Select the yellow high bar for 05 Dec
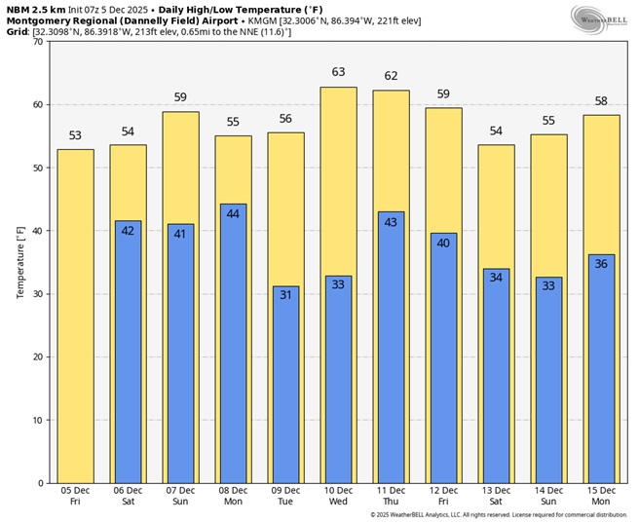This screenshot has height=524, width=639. (76, 316)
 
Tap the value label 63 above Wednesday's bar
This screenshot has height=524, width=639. (339, 72)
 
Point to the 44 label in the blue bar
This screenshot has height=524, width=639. (233, 214)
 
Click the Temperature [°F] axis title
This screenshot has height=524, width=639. (20, 262)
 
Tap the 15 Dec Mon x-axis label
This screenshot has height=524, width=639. (601, 496)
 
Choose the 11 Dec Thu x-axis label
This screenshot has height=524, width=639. (391, 496)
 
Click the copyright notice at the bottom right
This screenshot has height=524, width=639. (498, 515)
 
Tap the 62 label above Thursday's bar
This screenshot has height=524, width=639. (391, 76)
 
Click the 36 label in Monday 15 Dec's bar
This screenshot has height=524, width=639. (601, 264)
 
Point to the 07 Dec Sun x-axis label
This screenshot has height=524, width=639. (180, 496)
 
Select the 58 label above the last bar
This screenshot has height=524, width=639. (601, 101)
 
